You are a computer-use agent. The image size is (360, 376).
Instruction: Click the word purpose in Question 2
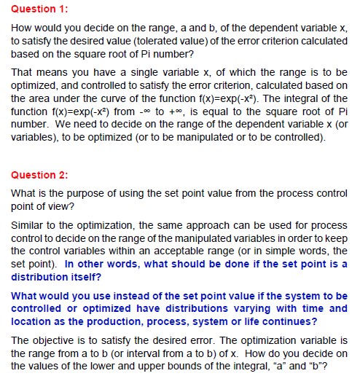[x=76, y=194]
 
